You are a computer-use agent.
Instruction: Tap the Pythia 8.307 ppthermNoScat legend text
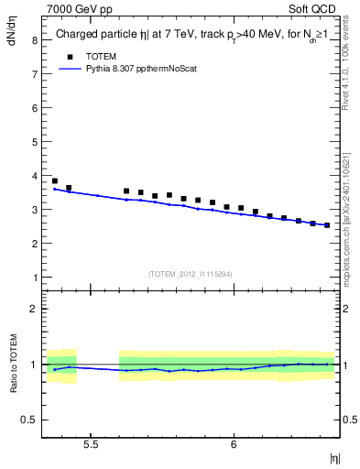click(137, 68)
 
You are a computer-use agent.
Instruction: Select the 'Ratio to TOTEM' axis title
click(13, 364)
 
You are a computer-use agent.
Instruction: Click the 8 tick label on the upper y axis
click(33, 40)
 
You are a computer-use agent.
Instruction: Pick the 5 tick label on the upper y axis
click(33, 142)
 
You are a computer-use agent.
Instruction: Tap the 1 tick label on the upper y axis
click(33, 278)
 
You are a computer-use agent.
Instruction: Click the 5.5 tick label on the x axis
click(91, 444)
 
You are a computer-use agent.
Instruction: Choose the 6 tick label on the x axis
click(235, 444)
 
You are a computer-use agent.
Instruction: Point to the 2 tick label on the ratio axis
click(33, 309)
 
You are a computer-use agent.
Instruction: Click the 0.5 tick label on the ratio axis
click(29, 420)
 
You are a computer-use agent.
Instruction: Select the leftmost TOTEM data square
click(55, 181)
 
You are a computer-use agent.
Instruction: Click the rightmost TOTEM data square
click(327, 224)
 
